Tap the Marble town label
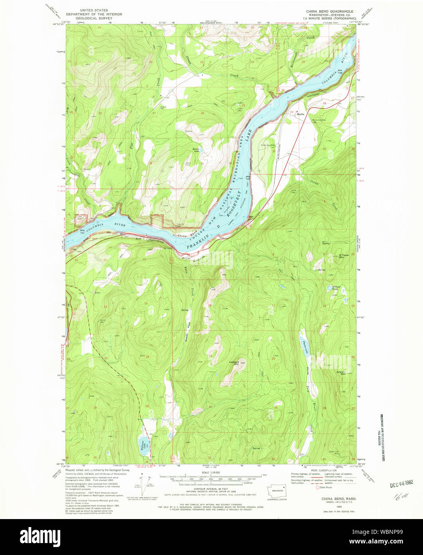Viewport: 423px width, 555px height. (x=300, y=114)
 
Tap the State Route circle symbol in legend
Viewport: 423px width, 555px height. (x=318, y=488)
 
